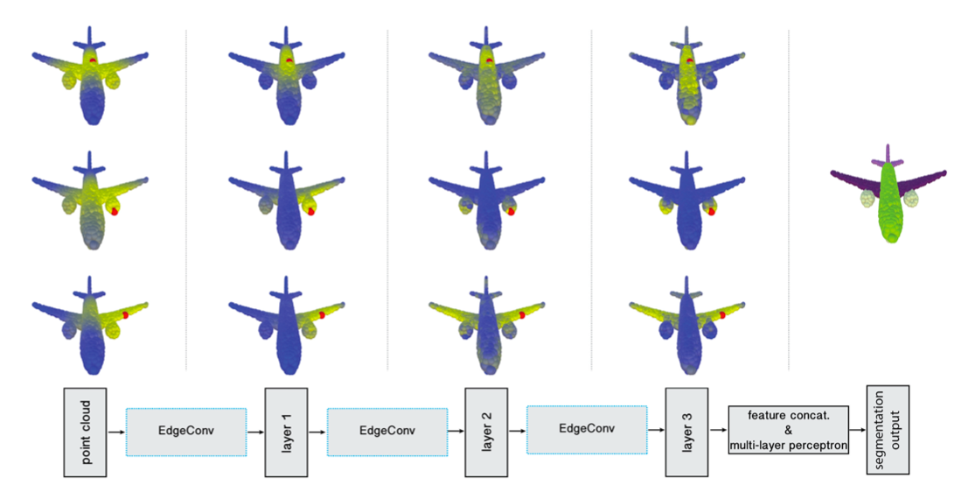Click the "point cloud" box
coord(85,432)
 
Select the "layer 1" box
coord(287,431)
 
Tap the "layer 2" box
coord(486,431)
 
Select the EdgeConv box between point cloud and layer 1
coord(186,431)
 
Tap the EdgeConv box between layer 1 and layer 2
coord(386,431)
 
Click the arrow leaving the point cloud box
coord(116,432)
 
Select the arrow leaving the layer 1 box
coord(317,431)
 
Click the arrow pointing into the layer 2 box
coord(455,431)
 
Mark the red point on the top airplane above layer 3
coord(690,61)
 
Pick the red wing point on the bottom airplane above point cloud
coord(125,313)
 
